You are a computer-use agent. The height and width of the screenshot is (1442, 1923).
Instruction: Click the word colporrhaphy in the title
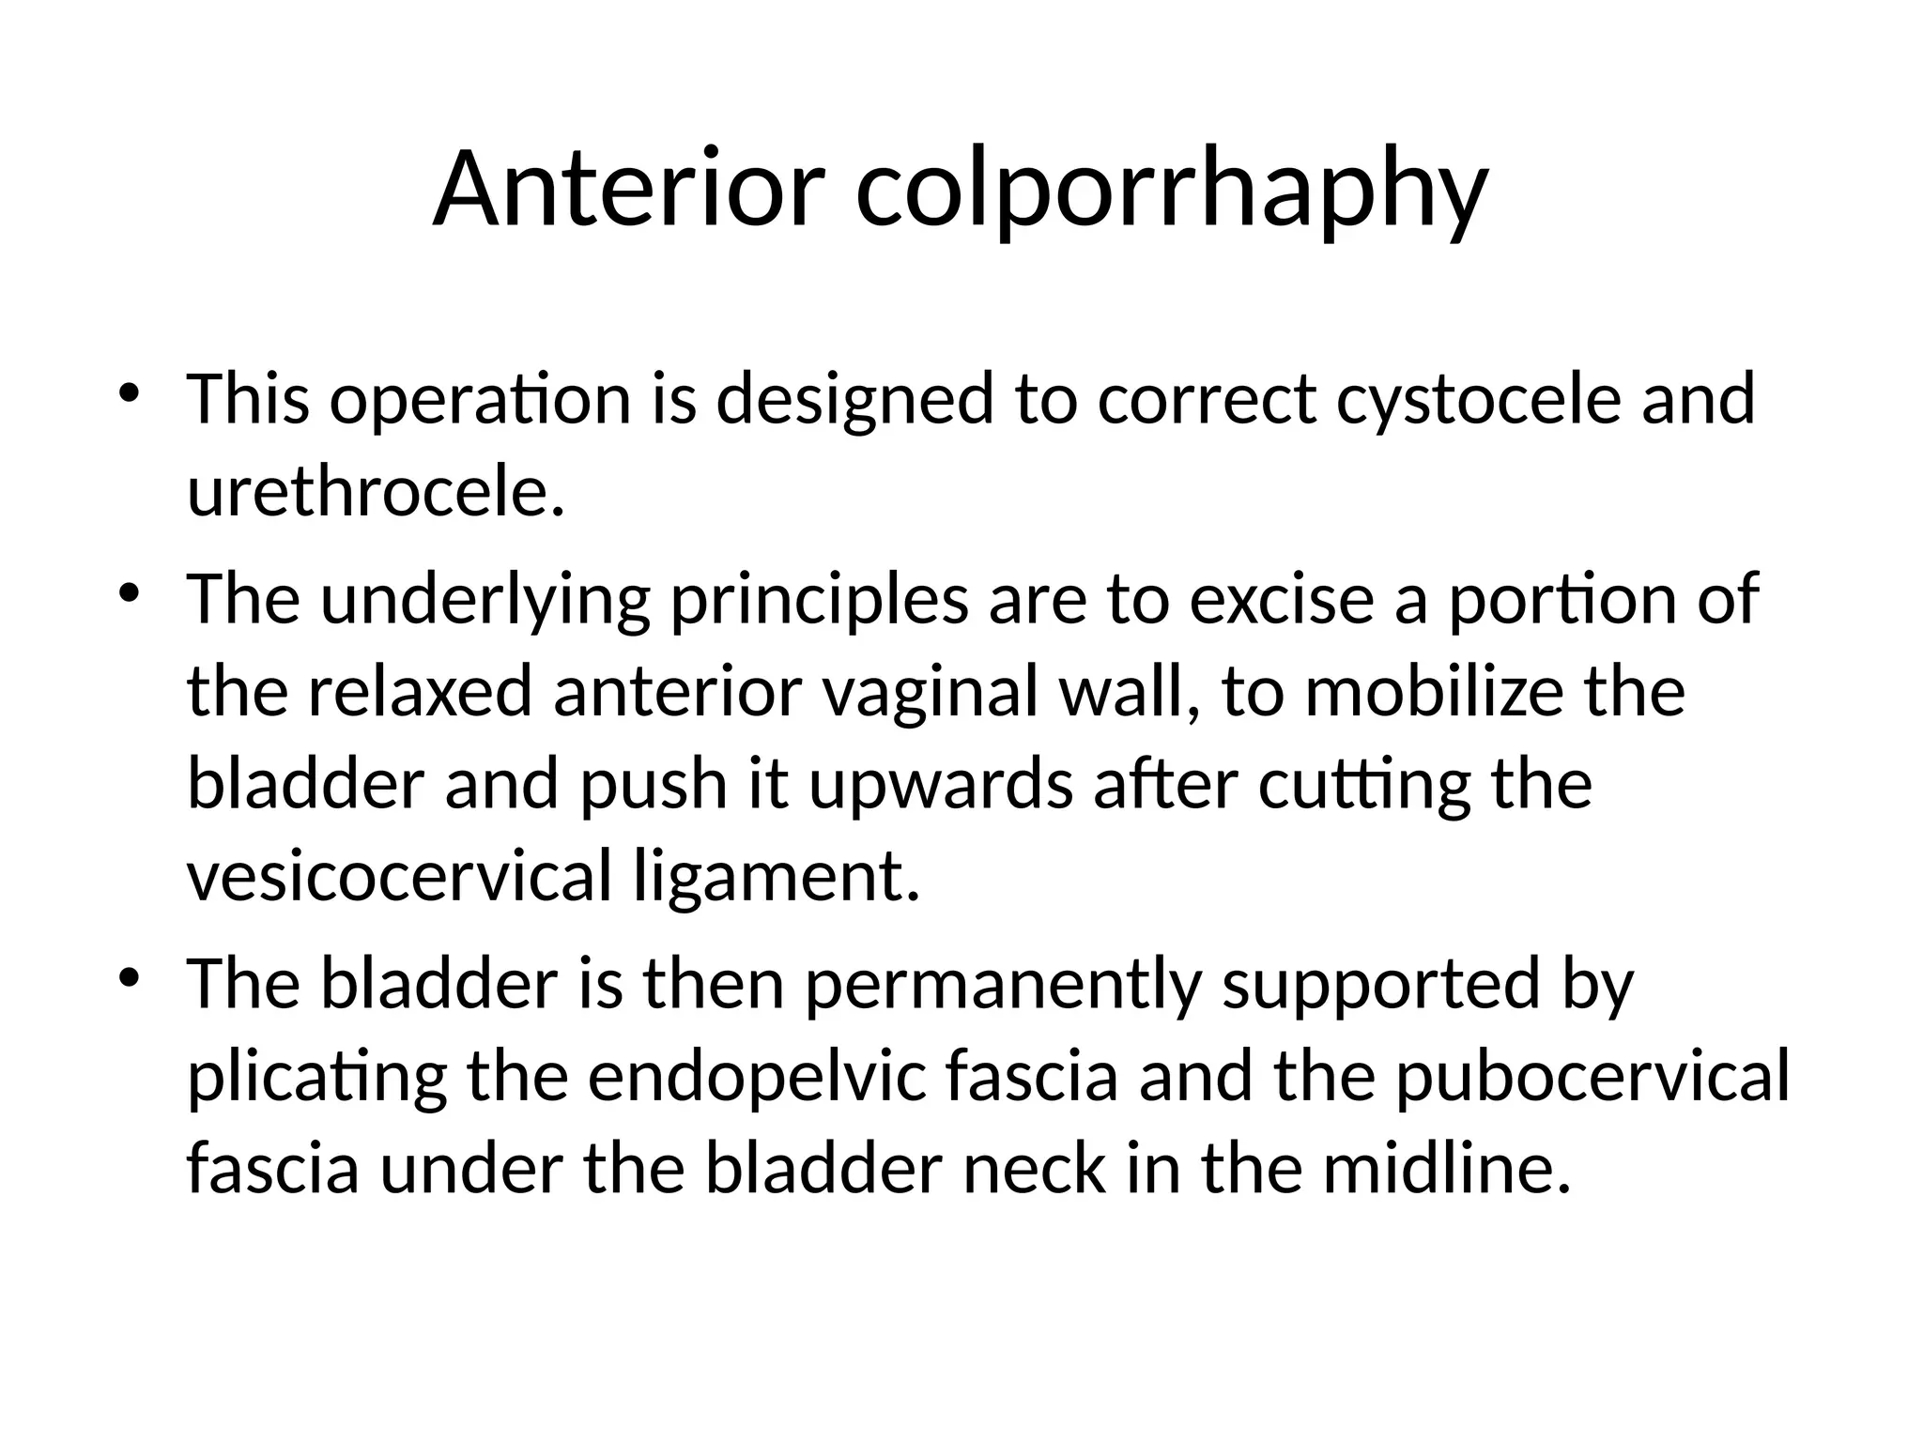tap(1171, 192)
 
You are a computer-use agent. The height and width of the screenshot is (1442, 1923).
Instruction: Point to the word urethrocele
tap(376, 492)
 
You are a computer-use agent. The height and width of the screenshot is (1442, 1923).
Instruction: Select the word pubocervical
tap(1592, 1078)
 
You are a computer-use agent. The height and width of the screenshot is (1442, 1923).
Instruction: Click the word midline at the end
tap(1446, 1170)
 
